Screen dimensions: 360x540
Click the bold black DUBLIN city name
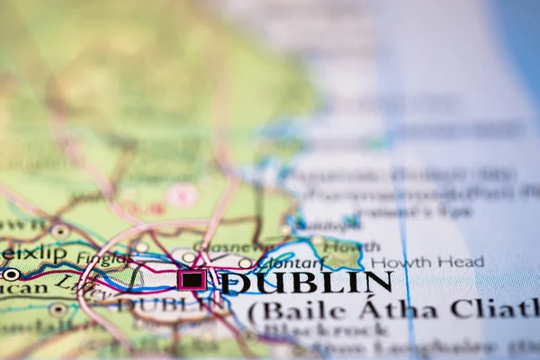click(306, 283)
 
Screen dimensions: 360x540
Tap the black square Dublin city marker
click(192, 280)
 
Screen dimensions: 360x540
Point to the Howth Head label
click(427, 262)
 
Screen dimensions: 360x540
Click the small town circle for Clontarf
click(245, 263)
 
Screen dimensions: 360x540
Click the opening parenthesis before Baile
click(254, 312)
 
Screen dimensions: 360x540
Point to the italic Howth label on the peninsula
click(339, 244)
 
